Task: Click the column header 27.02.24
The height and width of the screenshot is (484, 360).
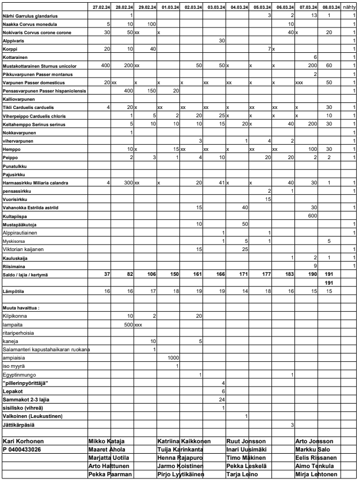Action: (x=101, y=7)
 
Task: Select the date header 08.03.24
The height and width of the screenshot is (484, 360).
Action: (x=330, y=7)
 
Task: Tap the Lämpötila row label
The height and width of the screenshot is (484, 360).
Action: (x=13, y=289)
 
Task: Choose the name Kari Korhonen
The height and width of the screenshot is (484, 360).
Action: (x=23, y=441)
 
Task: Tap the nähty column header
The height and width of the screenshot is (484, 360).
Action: (x=349, y=7)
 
